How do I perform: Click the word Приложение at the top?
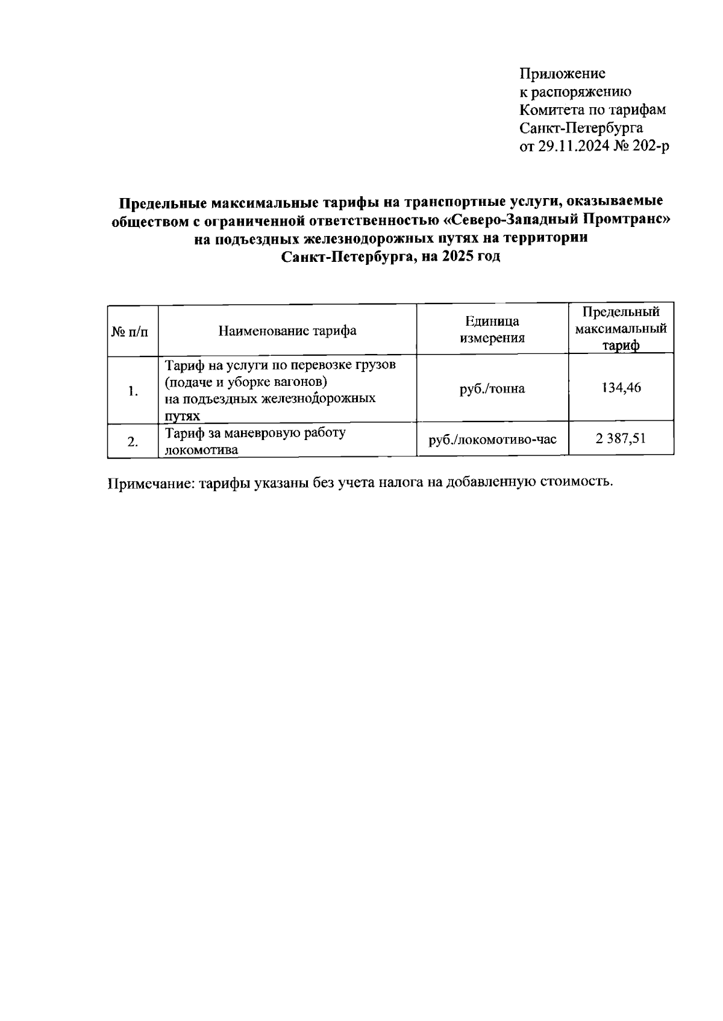click(x=562, y=74)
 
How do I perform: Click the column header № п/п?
click(x=130, y=331)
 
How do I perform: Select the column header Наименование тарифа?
click(x=287, y=331)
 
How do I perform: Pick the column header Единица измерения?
click(x=492, y=330)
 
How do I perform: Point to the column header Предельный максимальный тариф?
click(x=621, y=329)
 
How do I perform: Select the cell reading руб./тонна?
click(x=492, y=389)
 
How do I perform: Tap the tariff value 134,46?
click(x=621, y=387)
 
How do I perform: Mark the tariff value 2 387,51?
click(x=621, y=439)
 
